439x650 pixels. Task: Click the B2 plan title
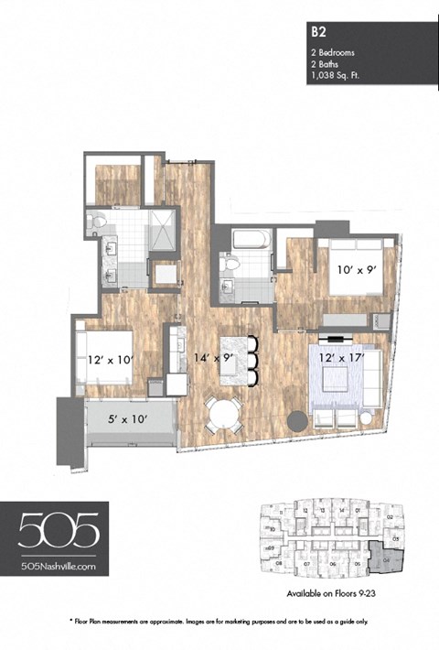[318, 30]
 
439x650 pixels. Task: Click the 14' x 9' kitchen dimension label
[215, 360]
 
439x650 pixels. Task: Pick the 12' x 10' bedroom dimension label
[111, 360]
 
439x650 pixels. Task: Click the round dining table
[221, 417]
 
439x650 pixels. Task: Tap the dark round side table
[297, 421]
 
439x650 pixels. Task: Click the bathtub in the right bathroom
[250, 242]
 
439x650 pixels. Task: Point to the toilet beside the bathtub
[231, 264]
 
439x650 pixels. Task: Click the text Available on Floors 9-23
[327, 592]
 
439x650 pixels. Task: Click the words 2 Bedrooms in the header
[334, 53]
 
